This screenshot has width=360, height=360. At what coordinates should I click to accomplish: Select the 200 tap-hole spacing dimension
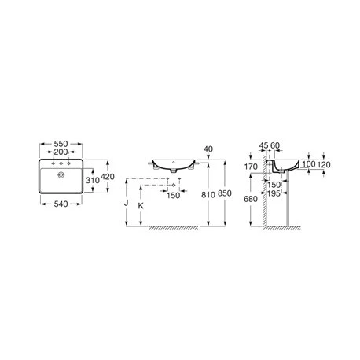pos(59,154)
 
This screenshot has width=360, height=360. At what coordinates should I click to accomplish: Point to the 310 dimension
pos(91,181)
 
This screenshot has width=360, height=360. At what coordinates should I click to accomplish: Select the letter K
pos(141,205)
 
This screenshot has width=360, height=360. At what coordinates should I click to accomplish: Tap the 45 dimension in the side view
pos(265,147)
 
